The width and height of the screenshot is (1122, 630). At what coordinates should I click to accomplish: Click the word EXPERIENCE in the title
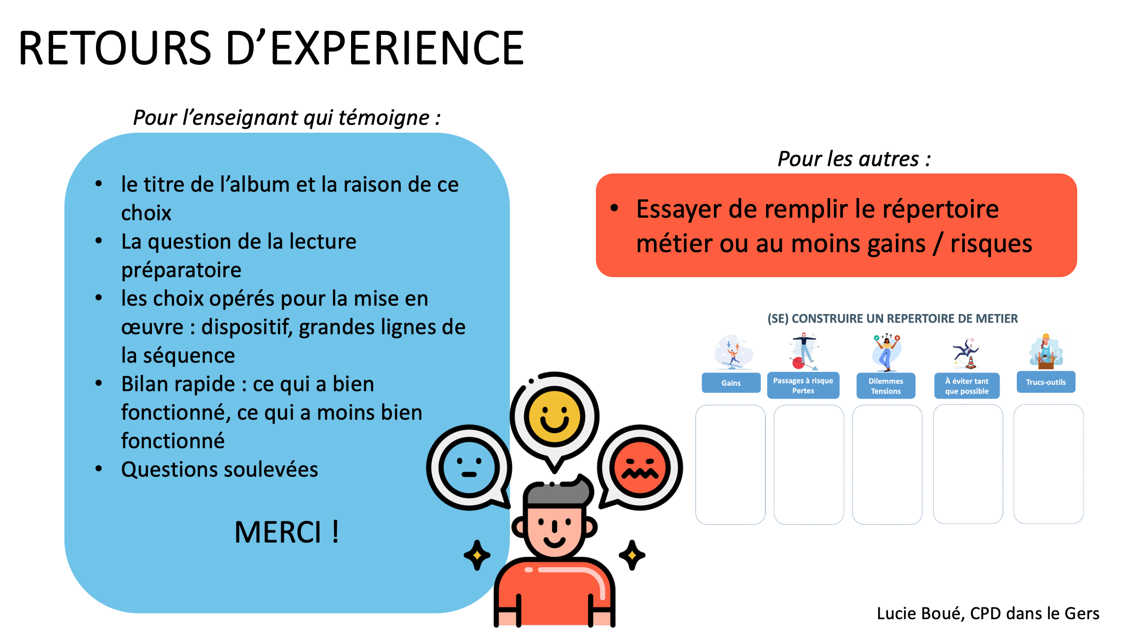point(397,48)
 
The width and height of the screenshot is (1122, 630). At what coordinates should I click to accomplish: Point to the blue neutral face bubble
point(469,467)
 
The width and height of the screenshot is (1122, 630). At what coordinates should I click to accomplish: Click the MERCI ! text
point(287,532)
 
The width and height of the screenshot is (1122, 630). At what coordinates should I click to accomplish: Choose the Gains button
point(731,383)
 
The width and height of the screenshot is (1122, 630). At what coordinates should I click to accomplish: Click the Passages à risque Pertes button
point(803,386)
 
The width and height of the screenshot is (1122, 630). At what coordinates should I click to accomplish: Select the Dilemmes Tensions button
point(886,386)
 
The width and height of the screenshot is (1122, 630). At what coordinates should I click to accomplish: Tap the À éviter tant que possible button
point(967,386)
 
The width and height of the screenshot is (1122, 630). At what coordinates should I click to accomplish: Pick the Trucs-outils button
point(1046,382)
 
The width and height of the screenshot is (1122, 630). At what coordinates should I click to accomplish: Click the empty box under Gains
point(730,464)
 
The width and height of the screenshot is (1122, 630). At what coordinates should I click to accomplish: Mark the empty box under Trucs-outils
point(1048,464)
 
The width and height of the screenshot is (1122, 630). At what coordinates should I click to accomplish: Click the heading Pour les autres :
point(854,159)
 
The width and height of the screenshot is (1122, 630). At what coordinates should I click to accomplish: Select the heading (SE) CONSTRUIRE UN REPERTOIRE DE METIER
point(892,318)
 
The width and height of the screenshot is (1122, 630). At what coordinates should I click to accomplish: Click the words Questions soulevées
point(220,469)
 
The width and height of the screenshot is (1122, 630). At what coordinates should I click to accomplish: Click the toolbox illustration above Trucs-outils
point(1046,352)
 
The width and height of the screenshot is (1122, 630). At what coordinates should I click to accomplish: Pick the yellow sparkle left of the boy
point(476,555)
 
